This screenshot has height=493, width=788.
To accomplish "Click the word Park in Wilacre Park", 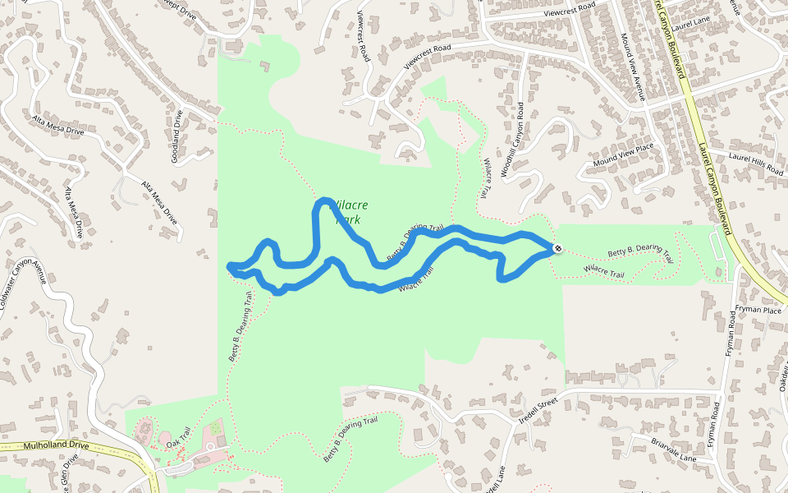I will click(x=348, y=219).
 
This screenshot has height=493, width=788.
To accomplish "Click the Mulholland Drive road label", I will click(x=56, y=445).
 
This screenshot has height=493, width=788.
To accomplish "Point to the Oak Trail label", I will click(x=178, y=436).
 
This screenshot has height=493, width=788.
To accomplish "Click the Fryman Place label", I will click(x=759, y=310).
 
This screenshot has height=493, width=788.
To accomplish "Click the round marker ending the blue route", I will click(x=557, y=248).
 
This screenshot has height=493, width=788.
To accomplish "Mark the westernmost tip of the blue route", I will click(x=229, y=265).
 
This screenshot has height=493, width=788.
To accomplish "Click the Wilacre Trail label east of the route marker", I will click(x=605, y=268).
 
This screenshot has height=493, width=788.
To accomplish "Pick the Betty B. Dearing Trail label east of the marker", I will click(x=639, y=252).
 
